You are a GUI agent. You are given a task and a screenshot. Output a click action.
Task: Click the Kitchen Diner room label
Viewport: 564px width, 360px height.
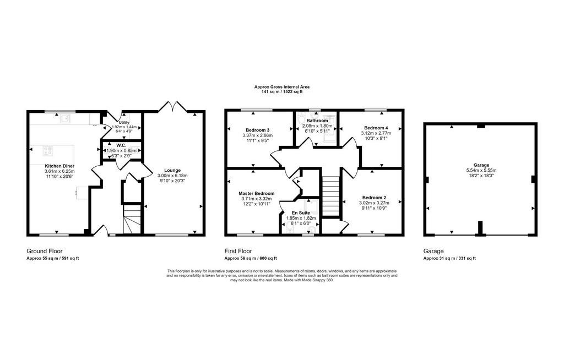pos(59,166)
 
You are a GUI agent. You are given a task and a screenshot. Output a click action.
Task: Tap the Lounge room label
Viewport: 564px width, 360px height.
pos(172,171)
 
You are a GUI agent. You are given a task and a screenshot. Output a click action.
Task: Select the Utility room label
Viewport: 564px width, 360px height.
pos(124,123)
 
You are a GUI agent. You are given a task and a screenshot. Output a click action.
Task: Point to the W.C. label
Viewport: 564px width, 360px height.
pos(121,146)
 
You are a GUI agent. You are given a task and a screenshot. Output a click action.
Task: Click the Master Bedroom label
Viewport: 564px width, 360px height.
pos(257,194)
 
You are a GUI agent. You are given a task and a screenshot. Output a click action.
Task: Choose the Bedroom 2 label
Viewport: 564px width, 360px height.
pos(374,198)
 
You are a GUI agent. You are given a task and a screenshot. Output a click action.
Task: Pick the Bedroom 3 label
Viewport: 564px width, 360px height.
pos(258,130)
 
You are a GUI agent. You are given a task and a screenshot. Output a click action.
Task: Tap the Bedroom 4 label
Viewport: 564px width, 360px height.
pos(376,128)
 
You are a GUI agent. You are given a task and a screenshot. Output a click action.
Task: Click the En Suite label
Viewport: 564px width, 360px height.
pos(301,213)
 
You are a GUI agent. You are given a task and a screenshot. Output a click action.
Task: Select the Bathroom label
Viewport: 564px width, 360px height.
pos(317,121)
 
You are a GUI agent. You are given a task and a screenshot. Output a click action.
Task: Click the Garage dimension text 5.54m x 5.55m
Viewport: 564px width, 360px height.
pos(481,171)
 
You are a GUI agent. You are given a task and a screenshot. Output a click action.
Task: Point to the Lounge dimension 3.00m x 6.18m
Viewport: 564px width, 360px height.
pos(172,176)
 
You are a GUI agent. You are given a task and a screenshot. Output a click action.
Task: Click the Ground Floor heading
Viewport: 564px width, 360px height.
pos(44,252)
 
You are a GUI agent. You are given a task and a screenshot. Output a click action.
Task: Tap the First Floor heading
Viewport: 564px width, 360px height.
pos(238,252)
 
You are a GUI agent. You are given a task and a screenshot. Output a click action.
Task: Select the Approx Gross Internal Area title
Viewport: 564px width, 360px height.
pos(282,87)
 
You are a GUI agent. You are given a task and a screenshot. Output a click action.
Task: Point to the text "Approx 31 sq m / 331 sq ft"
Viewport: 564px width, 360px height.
pos(449,258)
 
